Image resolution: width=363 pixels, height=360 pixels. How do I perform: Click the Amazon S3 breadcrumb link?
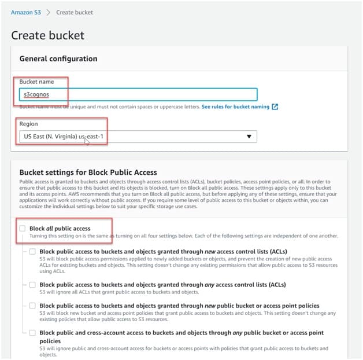click(x=26, y=12)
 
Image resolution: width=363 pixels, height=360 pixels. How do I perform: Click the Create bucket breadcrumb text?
click(x=74, y=12)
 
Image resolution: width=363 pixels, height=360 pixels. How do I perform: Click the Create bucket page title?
click(x=47, y=35)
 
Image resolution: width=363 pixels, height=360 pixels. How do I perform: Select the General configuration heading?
click(x=58, y=58)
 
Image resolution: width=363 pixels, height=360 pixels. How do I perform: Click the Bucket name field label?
click(x=36, y=82)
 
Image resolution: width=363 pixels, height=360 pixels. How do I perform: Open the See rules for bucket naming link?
click(x=236, y=107)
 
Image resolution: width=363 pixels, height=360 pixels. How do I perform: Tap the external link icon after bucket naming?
click(x=275, y=107)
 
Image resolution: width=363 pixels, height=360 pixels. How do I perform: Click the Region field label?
click(x=28, y=124)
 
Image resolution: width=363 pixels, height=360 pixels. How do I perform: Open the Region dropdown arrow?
click(x=249, y=137)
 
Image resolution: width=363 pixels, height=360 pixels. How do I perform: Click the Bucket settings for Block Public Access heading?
click(x=87, y=172)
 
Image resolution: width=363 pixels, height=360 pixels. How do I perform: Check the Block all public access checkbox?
click(x=23, y=229)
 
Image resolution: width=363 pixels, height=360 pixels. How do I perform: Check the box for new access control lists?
click(x=32, y=251)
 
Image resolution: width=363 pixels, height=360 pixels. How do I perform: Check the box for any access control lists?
click(x=32, y=284)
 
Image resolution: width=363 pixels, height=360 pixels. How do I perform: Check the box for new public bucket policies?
click(x=32, y=305)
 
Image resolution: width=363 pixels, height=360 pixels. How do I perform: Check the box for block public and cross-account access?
click(x=32, y=333)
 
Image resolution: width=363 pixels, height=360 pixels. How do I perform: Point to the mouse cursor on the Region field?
click(x=87, y=141)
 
